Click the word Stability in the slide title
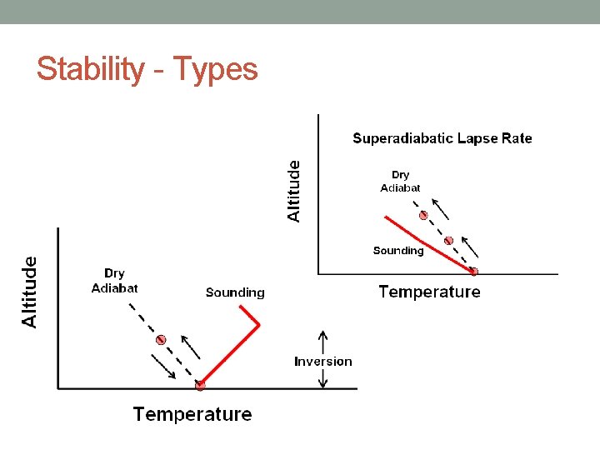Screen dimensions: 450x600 click(90, 69)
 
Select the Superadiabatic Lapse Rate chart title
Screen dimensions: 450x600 click(442, 138)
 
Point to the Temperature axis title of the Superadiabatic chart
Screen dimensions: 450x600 click(429, 292)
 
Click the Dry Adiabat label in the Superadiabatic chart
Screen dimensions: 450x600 click(400, 181)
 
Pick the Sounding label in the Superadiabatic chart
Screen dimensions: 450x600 click(398, 250)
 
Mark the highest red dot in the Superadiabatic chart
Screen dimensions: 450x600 click(423, 215)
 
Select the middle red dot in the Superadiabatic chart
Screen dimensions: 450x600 click(448, 241)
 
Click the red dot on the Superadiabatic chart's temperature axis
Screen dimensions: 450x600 click(473, 271)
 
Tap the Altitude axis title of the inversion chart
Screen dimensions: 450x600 click(29, 292)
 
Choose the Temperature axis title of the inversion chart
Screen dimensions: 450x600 click(192, 414)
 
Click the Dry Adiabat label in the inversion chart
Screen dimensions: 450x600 click(114, 280)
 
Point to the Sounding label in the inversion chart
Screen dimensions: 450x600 click(235, 292)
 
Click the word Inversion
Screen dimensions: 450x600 click(323, 361)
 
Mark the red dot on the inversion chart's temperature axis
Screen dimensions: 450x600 click(200, 385)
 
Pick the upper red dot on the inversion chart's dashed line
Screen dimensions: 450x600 click(162, 340)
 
